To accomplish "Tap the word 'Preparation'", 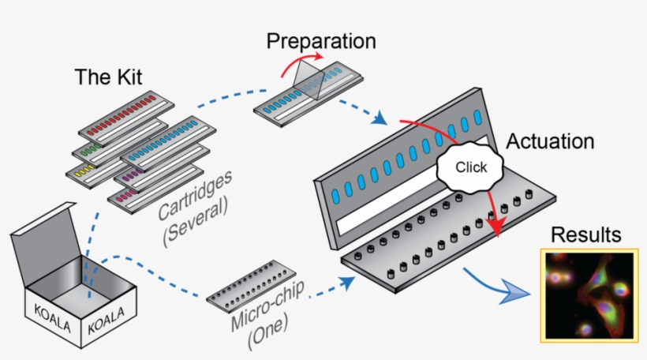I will pos(320,41).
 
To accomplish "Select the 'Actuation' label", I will pos(550,142).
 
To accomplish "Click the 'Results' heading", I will pos(585,235).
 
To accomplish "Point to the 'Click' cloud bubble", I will pos(472,167).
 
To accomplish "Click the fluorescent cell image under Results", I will pos(587,294).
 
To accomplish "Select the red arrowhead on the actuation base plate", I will pos(496,227).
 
